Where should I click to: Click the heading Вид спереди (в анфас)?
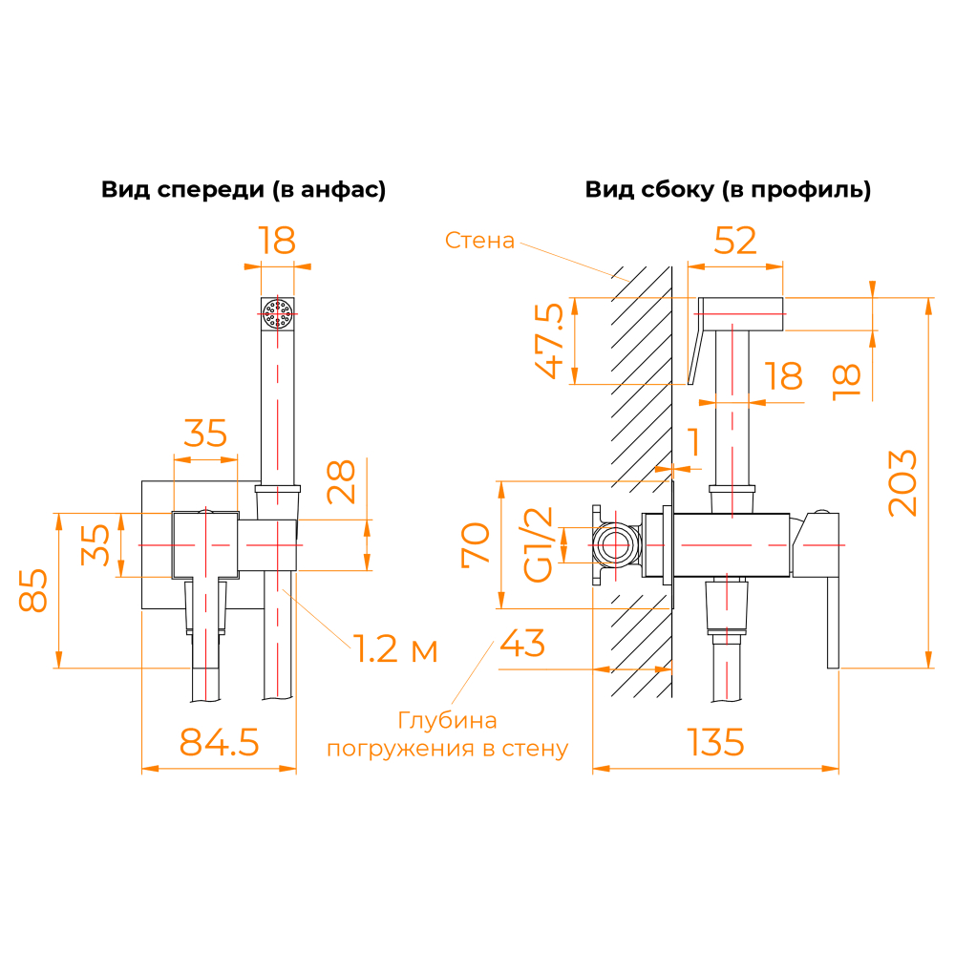[x=244, y=190]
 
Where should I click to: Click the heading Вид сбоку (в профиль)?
[x=728, y=190]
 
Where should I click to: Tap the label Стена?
[x=479, y=241]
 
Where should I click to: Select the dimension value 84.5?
[x=220, y=742]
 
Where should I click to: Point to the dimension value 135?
[x=714, y=742]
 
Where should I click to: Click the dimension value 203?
[x=903, y=482]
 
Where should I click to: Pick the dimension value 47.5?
[x=548, y=341]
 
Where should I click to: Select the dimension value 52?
[x=735, y=241]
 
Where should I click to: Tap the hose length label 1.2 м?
[x=397, y=650]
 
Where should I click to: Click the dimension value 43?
[x=522, y=644]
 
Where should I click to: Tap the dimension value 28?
[x=342, y=481]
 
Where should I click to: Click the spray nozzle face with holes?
[x=278, y=313]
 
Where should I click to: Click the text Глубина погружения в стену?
[x=447, y=734]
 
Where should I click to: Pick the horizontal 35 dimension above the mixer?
[x=205, y=433]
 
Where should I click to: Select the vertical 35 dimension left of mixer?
[x=95, y=544]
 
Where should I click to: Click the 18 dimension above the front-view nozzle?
[x=277, y=241]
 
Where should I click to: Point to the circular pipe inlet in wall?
[x=615, y=545]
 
